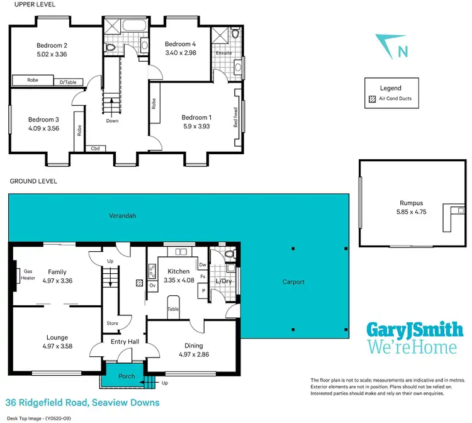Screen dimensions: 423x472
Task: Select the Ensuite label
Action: coord(223,53)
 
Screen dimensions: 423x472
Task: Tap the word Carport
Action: coord(293,282)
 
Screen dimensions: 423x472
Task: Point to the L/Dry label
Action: coord(223,281)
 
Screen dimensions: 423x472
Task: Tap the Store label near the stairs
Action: coord(113,324)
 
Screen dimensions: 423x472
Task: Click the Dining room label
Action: coord(193,345)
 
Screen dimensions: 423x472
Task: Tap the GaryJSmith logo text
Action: coord(415,330)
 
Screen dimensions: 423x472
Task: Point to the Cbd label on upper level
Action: coord(95,149)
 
